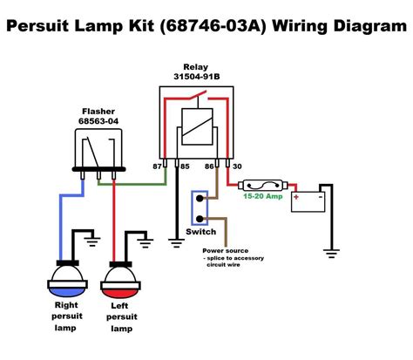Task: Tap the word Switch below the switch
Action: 202,233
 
